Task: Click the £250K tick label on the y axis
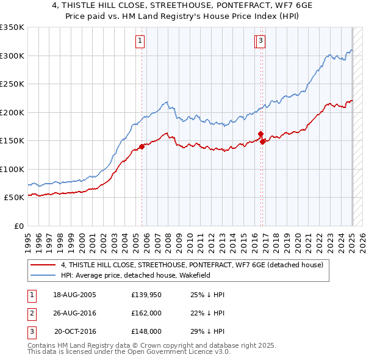[x=12, y=84]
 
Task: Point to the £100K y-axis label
[x=12, y=169]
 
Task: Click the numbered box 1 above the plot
[x=140, y=41]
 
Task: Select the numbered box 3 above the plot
[x=261, y=41]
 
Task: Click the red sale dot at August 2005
[x=142, y=146]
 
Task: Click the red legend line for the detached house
[x=43, y=265]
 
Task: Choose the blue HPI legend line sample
[x=43, y=275]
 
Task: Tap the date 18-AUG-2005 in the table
[x=75, y=295]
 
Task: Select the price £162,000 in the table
[x=146, y=313]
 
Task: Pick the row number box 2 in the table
[x=31, y=313]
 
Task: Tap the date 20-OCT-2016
[x=76, y=331]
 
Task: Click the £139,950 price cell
[x=146, y=295]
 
